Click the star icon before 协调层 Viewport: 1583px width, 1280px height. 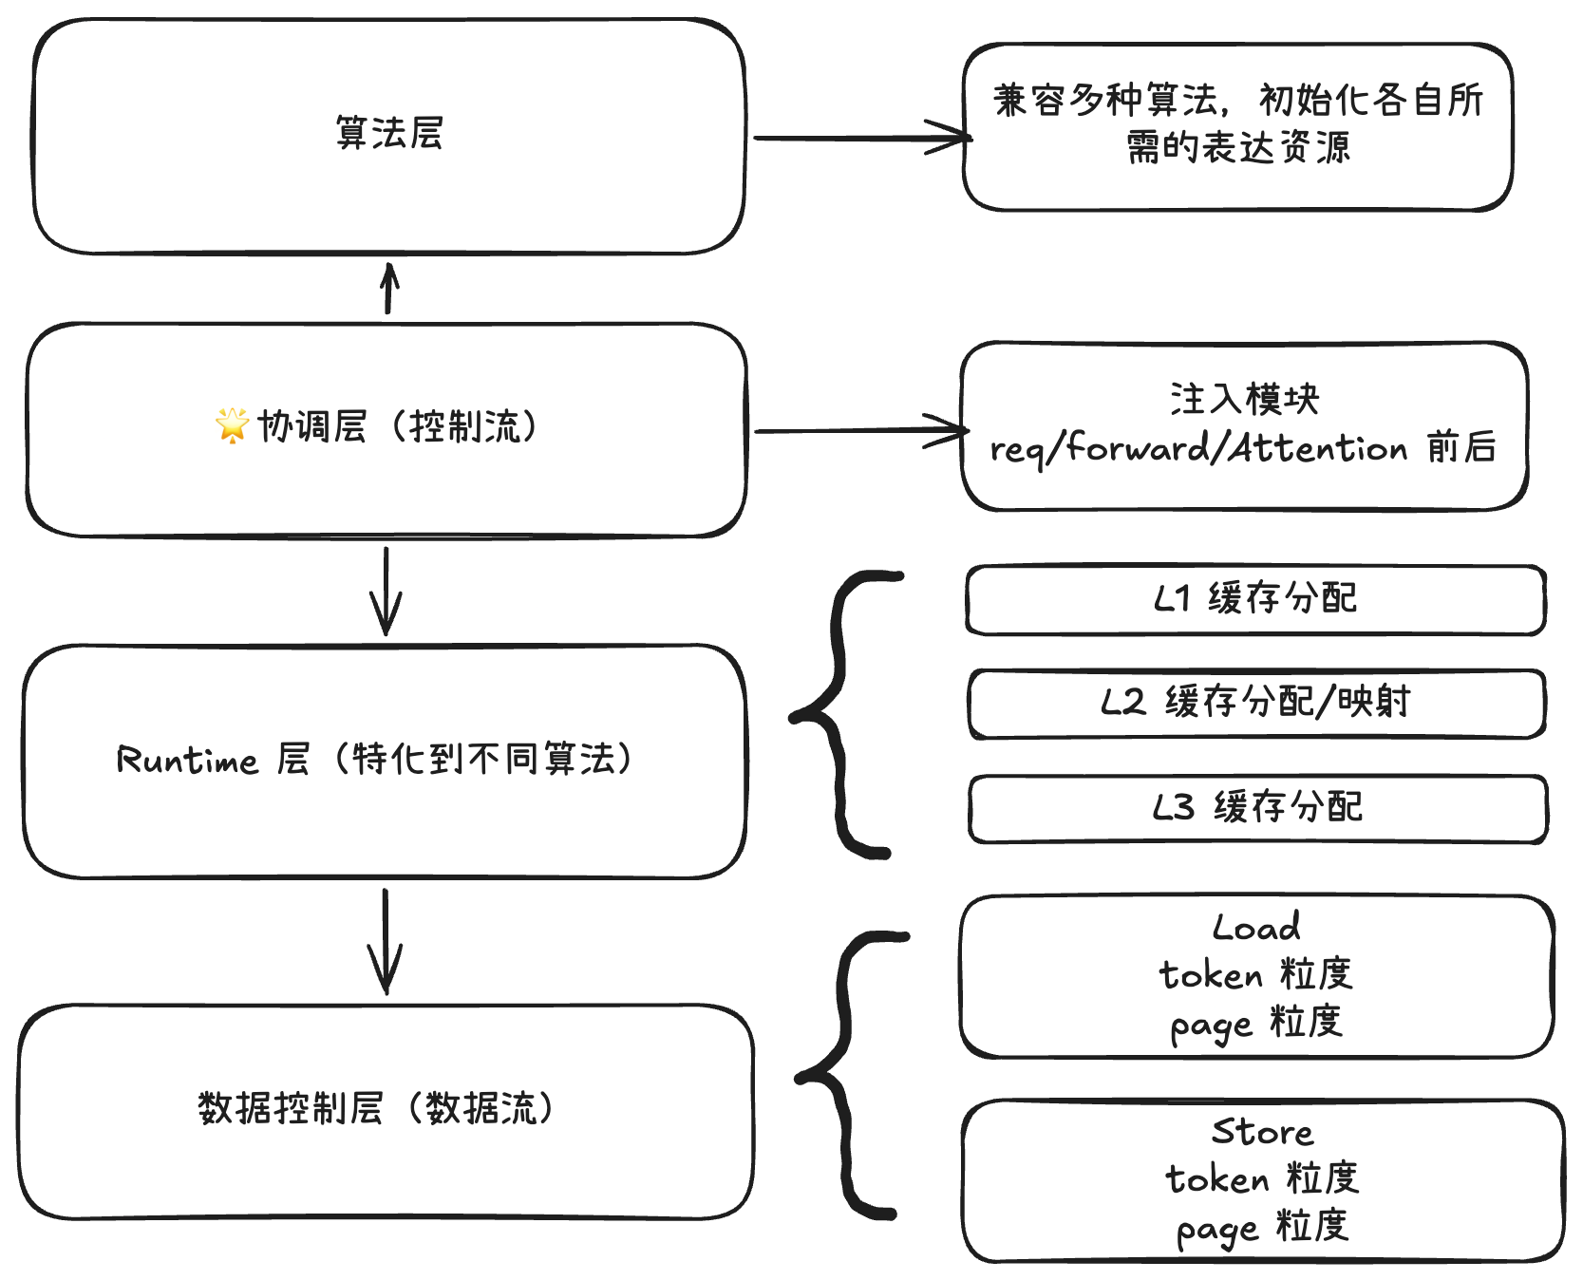coord(232,424)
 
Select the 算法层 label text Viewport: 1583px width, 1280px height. coord(389,133)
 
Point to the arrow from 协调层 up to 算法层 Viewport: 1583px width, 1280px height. coord(388,289)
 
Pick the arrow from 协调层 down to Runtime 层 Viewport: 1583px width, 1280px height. coord(386,591)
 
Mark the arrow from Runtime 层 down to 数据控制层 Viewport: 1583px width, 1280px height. coord(385,940)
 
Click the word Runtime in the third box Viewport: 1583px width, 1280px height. coord(187,760)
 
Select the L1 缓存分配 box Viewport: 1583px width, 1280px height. coord(1255,599)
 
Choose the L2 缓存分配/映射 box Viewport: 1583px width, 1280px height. coord(1255,704)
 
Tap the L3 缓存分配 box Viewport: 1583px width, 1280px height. coord(1257,808)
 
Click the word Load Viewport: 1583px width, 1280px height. coord(1255,928)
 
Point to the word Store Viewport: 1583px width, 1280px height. coord(1262,1132)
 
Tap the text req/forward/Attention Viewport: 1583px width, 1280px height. coord(1198,448)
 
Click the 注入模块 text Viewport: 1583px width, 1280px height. coord(1244,399)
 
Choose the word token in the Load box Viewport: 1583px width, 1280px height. coord(1211,975)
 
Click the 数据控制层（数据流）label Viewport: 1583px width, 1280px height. coord(376,1108)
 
